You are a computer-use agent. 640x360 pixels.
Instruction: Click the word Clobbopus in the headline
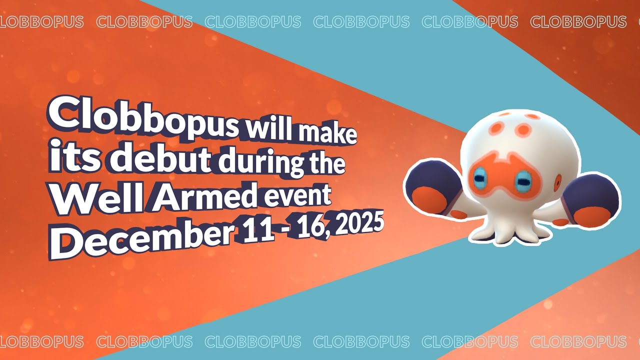(143, 117)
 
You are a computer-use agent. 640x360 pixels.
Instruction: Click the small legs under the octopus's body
(511, 231)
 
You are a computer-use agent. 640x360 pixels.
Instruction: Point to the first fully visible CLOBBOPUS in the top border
(144, 21)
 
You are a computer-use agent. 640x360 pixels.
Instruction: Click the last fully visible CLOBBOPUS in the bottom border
(578, 341)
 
